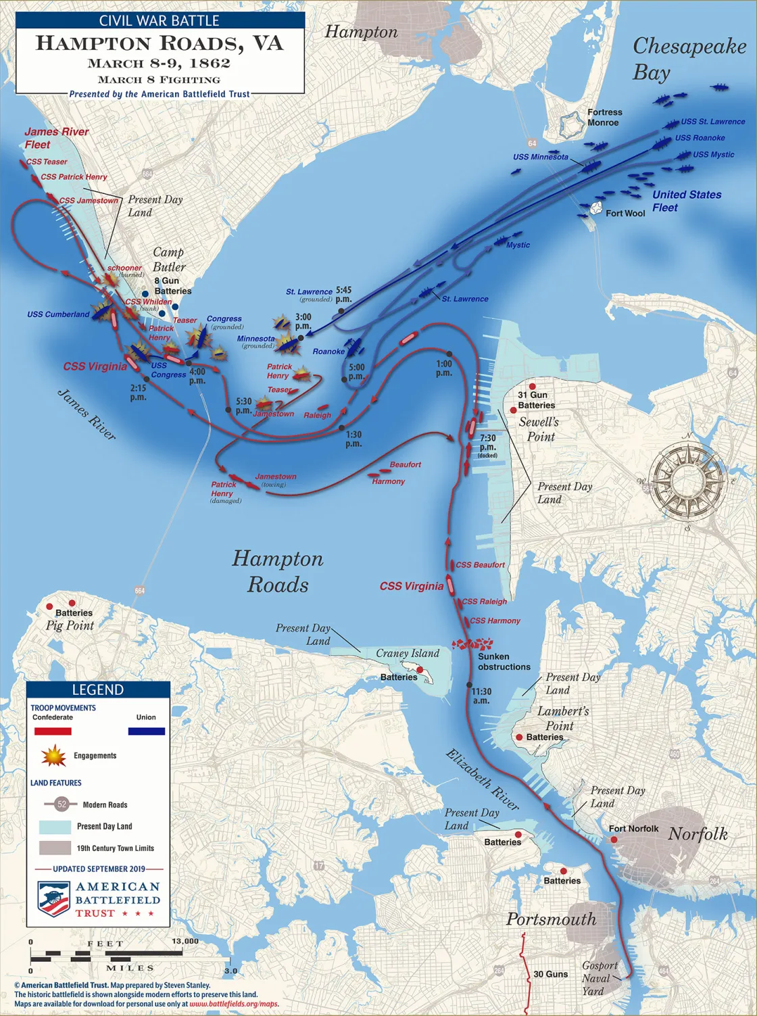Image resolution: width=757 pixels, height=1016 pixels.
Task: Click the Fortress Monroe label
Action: pyautogui.click(x=604, y=118)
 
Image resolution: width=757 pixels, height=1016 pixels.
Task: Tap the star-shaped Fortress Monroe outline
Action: pyautogui.click(x=572, y=126)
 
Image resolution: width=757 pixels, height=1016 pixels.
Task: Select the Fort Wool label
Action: pyautogui.click(x=625, y=214)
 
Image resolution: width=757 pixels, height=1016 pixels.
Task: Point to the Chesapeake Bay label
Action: pyautogui.click(x=688, y=59)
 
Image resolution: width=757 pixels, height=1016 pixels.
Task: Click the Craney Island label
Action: pyautogui.click(x=408, y=654)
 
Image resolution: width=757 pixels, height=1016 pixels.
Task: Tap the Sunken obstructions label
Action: pyautogui.click(x=504, y=662)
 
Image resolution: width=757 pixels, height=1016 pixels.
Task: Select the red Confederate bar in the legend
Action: pyautogui.click(x=53, y=731)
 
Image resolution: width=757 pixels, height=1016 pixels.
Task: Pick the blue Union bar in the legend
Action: pyautogui.click(x=146, y=731)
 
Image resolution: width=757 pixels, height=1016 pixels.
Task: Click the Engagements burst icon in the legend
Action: pyautogui.click(x=53, y=756)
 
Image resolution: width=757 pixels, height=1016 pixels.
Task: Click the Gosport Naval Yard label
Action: pyautogui.click(x=598, y=978)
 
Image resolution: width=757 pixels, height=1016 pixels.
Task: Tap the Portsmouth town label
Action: pyautogui.click(x=551, y=919)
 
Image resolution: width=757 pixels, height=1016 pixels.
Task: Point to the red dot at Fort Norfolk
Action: pyautogui.click(x=614, y=840)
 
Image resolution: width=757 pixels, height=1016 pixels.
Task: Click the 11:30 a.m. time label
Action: pyautogui.click(x=481, y=696)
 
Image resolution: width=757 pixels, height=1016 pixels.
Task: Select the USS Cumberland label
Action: pyautogui.click(x=58, y=314)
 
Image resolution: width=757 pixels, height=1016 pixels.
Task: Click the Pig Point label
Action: pyautogui.click(x=69, y=625)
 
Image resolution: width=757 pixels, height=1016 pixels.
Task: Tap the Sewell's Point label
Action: pyautogui.click(x=539, y=429)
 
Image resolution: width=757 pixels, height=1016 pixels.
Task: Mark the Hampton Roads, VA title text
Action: pyautogui.click(x=160, y=44)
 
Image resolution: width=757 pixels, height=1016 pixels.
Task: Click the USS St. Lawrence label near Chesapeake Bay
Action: pyautogui.click(x=712, y=122)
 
